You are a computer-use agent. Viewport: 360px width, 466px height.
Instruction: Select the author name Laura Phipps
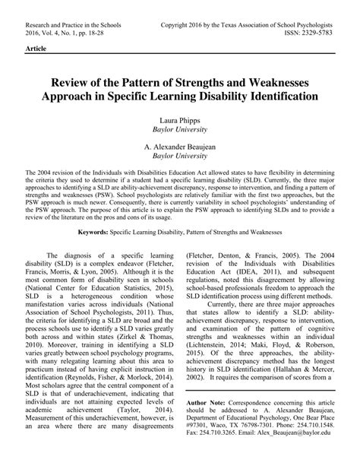(179, 121)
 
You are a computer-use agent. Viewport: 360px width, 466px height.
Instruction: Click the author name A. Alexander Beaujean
(179, 144)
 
